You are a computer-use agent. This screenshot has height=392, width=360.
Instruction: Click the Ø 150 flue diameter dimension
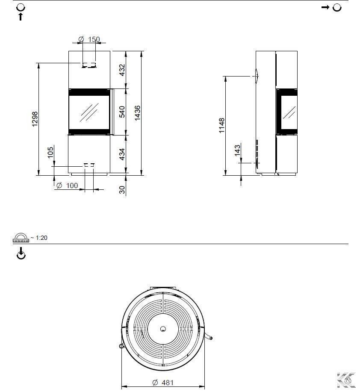(x=89, y=39)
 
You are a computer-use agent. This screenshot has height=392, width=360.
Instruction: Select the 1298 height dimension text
(x=35, y=119)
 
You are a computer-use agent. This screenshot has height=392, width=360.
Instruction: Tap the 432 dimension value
(x=122, y=70)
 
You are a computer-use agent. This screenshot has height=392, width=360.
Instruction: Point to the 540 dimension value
(x=122, y=112)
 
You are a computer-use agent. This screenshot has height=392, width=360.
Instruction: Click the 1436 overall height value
(x=137, y=113)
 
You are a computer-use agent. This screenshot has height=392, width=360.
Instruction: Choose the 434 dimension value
(x=122, y=154)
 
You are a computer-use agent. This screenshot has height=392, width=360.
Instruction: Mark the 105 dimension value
(x=50, y=152)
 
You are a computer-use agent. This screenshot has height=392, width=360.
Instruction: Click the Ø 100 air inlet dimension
(x=67, y=186)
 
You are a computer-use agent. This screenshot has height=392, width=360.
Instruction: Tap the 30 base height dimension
(x=122, y=190)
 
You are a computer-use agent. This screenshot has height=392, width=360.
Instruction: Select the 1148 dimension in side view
(x=221, y=126)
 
